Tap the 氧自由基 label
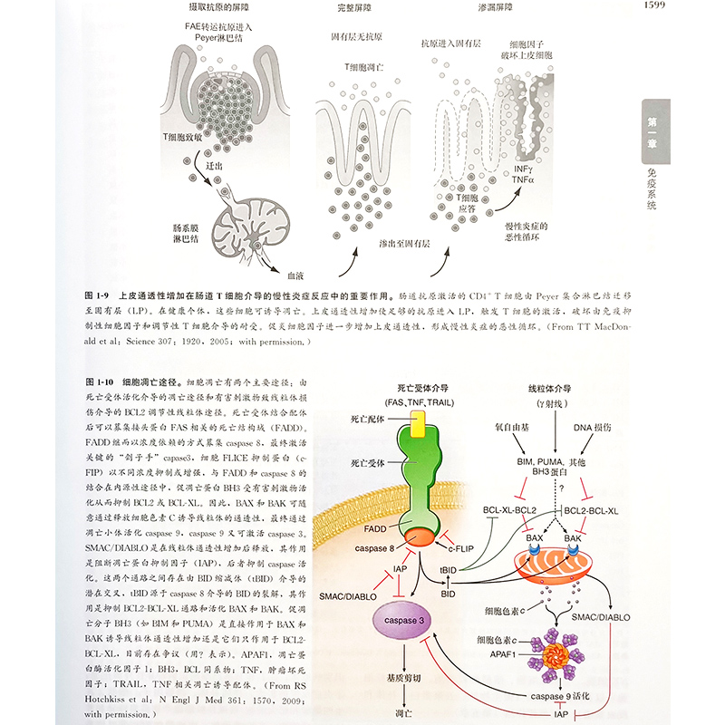[x=513, y=427]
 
